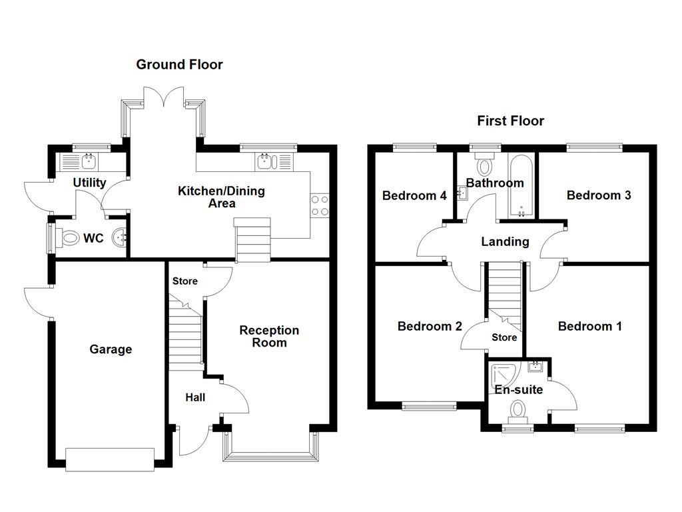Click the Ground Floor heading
pos(179,65)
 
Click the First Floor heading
pos(510,121)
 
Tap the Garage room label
pos(111,349)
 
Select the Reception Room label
pos(269,337)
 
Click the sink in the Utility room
pos(89,161)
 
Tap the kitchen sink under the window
pos(265,161)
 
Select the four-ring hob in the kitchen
pos(320,205)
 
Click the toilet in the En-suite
pos(517,411)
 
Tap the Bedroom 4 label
pos(414,195)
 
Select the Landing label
pos(505,241)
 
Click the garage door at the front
pos(110,459)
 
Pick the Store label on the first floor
pos(504,337)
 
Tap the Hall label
pos(194,397)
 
